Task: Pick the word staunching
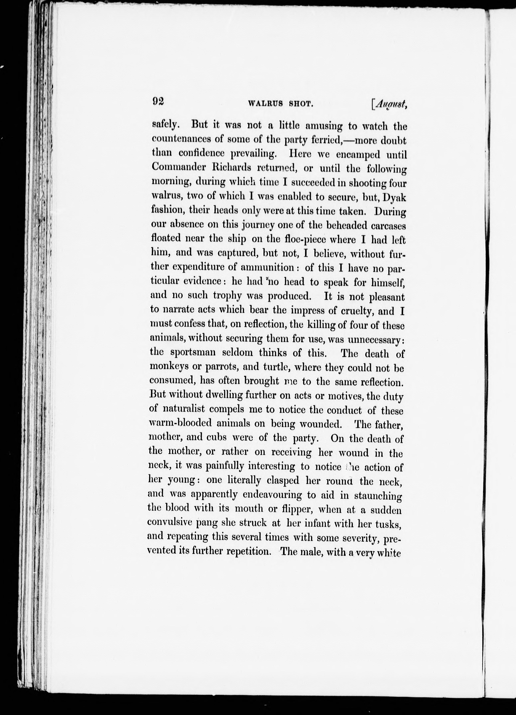tap(378, 495)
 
